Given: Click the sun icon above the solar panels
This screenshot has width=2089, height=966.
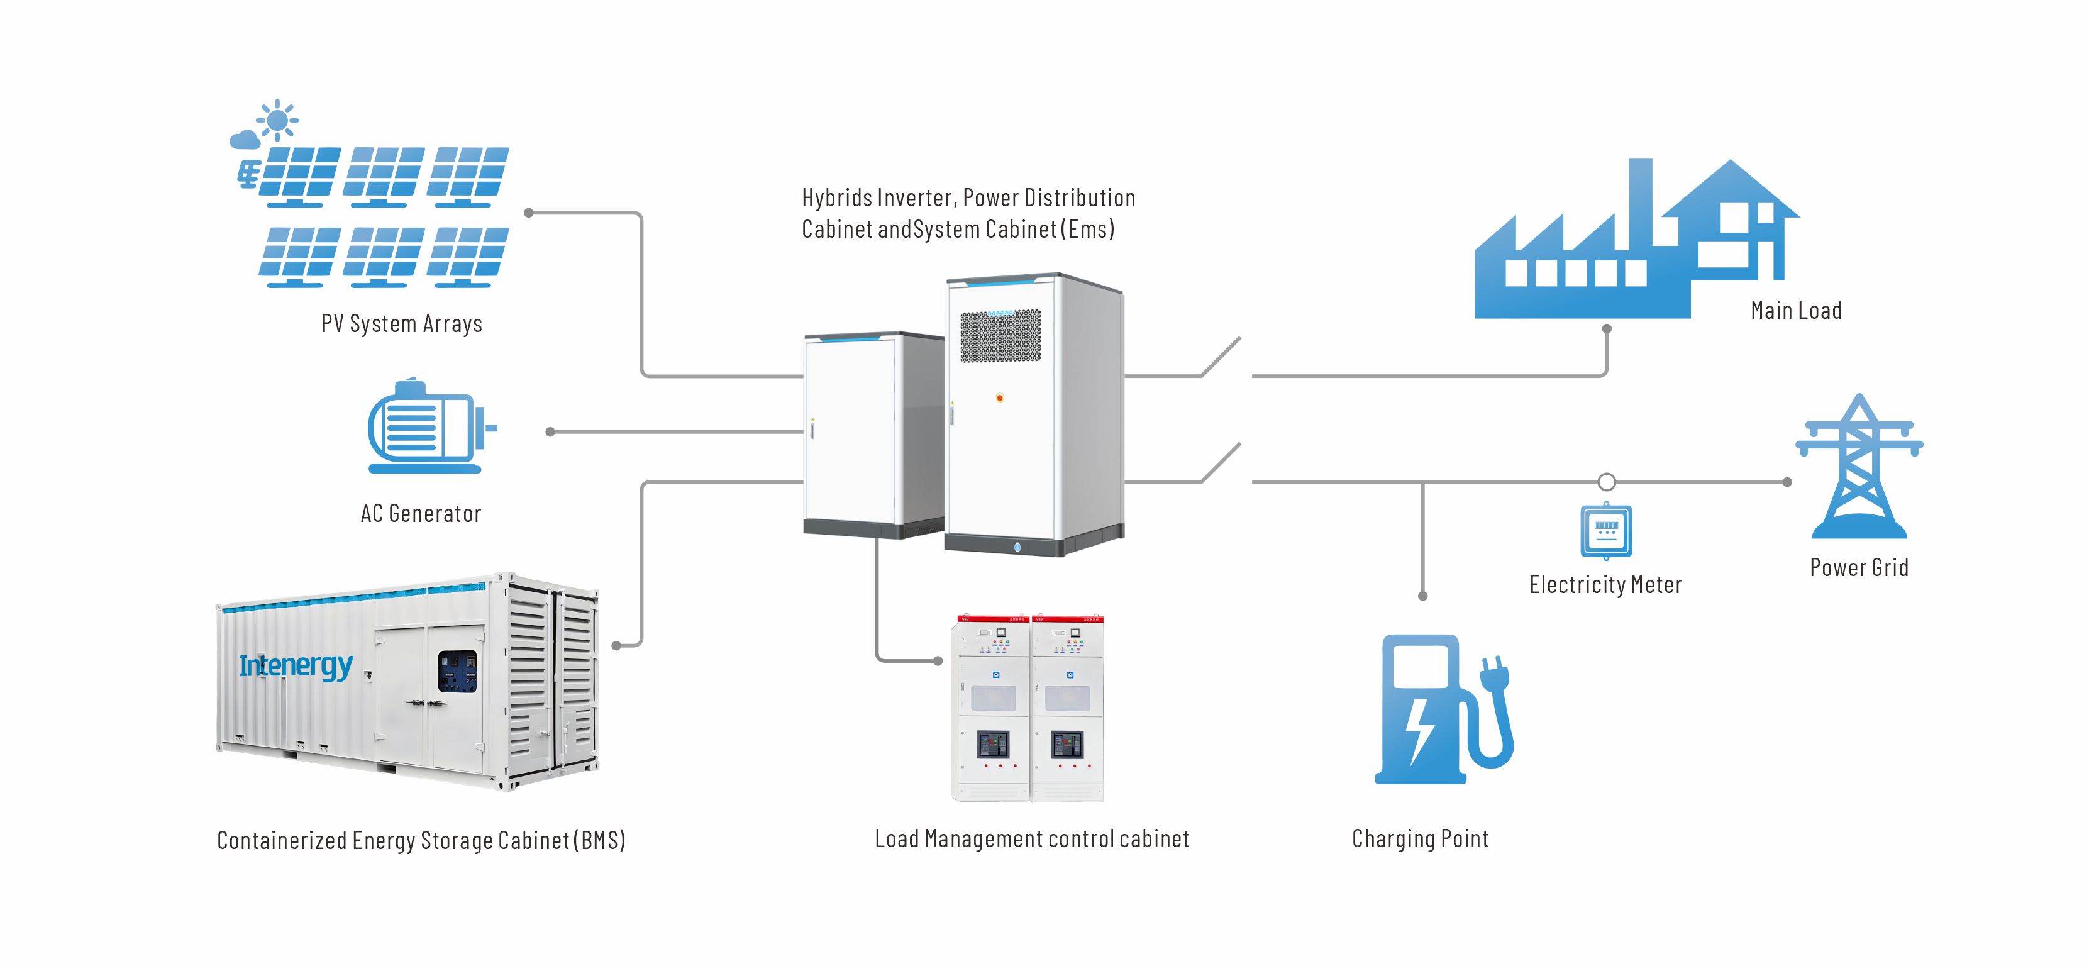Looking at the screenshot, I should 277,121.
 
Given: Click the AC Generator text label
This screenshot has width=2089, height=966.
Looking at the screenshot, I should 421,513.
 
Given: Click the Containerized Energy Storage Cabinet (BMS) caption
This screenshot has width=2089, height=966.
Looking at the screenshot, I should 421,840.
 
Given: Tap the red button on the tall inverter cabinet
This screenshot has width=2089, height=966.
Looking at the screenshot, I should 1000,397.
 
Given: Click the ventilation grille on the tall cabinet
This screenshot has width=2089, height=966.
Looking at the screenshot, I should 1000,336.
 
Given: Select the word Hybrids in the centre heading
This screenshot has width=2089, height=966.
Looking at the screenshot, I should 837,198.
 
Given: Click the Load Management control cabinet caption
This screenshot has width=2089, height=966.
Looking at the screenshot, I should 1031,839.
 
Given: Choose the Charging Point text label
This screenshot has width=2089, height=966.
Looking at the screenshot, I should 1420,839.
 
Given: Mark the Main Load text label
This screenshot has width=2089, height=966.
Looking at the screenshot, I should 1796,311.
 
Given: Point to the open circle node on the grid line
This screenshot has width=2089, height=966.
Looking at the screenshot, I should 1607,482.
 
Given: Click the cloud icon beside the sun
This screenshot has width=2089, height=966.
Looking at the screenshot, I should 245,140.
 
